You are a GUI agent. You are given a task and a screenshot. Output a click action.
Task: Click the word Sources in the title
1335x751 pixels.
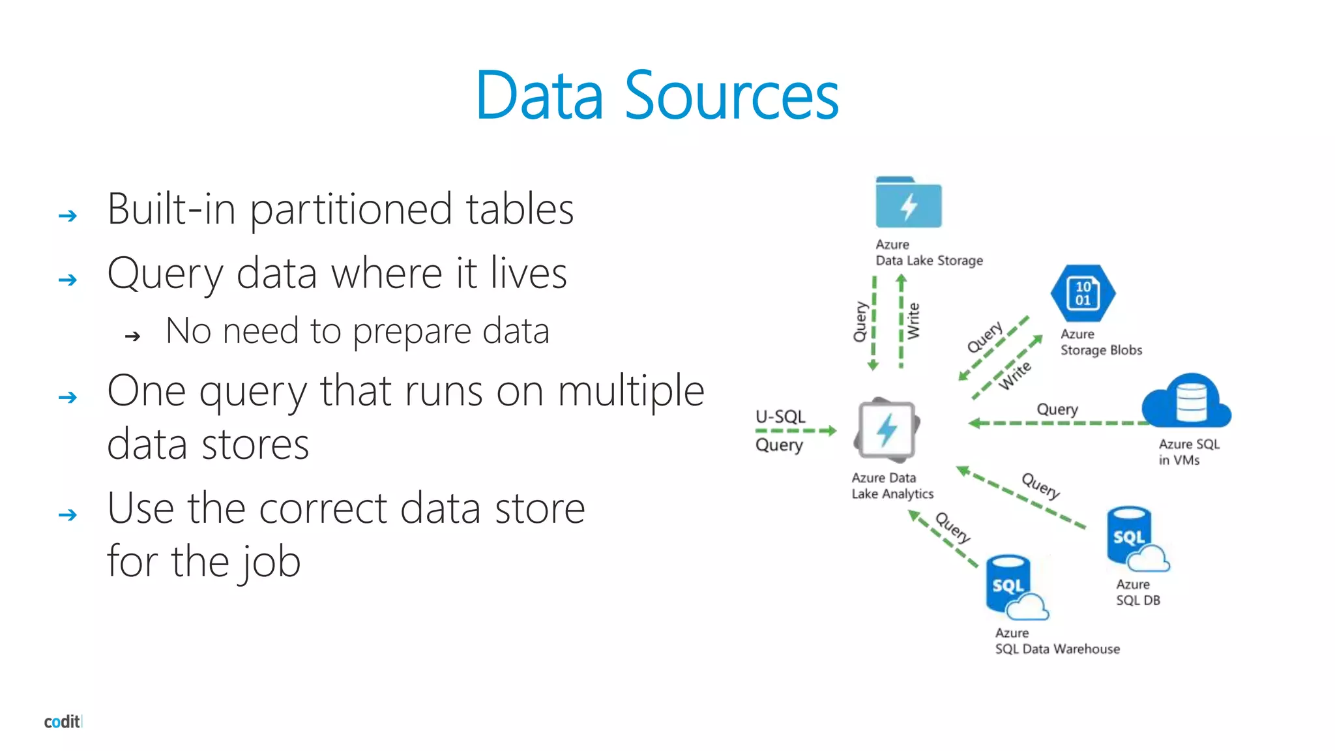pyautogui.click(x=731, y=96)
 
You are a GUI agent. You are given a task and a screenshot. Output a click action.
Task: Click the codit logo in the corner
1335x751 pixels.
pyautogui.click(x=63, y=722)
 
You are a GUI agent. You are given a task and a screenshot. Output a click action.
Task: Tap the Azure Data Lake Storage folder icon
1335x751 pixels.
pyautogui.click(x=908, y=203)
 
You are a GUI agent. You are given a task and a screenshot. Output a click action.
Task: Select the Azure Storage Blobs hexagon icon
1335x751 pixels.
pyautogui.click(x=1083, y=293)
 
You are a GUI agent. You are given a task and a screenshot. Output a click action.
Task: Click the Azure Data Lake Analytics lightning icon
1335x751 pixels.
pyautogui.click(x=886, y=430)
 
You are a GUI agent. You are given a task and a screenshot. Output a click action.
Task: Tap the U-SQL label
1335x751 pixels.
pyautogui.click(x=780, y=417)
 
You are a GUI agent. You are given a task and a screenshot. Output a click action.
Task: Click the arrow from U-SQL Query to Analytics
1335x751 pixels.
pyautogui.click(x=797, y=431)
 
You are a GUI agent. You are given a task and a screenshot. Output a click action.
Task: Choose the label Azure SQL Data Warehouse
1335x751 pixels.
pyautogui.click(x=1057, y=641)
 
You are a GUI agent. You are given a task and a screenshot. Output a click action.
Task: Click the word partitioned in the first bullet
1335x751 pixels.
pyautogui.click(x=351, y=210)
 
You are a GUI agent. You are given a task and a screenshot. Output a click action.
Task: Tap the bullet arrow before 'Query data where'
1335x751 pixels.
pyautogui.click(x=68, y=280)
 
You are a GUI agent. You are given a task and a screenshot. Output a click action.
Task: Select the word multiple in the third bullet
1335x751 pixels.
pyautogui.click(x=631, y=391)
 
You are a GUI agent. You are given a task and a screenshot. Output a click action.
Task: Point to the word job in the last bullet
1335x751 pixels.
pyautogui.click(x=269, y=562)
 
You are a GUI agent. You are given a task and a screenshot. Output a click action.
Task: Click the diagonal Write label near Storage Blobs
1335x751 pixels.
pyautogui.click(x=1015, y=375)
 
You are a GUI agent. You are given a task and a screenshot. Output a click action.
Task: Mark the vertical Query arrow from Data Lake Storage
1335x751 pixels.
pyautogui.click(x=873, y=323)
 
